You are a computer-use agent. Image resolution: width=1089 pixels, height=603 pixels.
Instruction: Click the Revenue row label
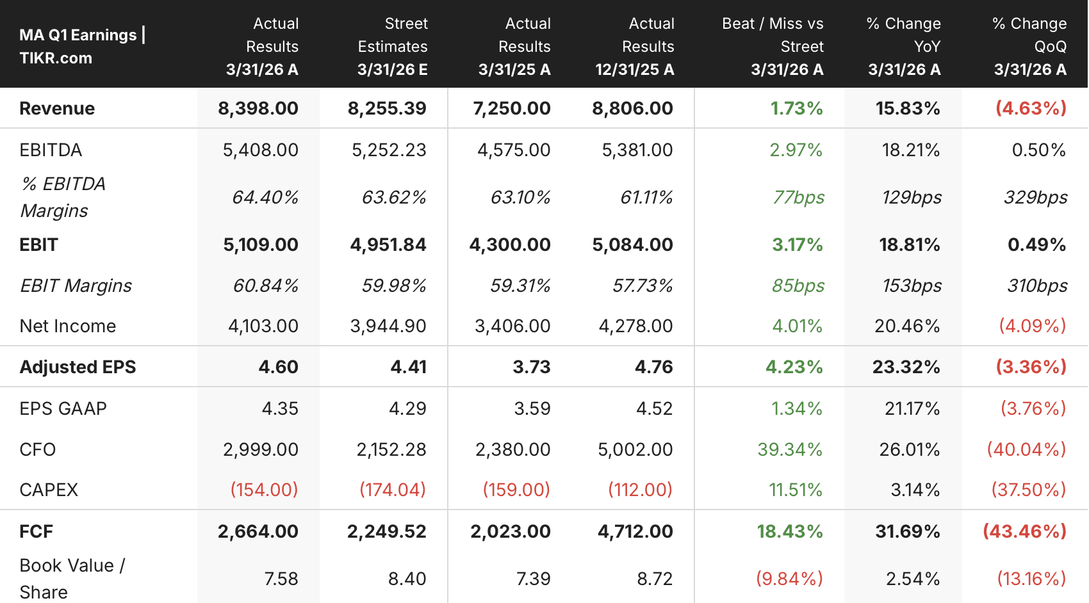pyautogui.click(x=57, y=108)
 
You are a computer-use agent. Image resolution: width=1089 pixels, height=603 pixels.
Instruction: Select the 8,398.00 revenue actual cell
pyautogui.click(x=258, y=108)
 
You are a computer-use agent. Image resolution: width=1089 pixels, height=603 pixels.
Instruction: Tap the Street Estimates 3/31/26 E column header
pyautogui.click(x=392, y=47)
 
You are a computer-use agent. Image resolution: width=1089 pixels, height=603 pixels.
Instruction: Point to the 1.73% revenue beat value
pyautogui.click(x=796, y=108)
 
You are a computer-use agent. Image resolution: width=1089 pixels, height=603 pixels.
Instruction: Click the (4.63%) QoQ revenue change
pyautogui.click(x=1031, y=108)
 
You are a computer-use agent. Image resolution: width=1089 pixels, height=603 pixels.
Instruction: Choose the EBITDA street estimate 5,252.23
pyautogui.click(x=389, y=150)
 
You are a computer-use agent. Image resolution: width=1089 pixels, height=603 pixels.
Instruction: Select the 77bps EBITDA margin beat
pyautogui.click(x=798, y=198)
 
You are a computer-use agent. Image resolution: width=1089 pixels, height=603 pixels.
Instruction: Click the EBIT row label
pyautogui.click(x=39, y=245)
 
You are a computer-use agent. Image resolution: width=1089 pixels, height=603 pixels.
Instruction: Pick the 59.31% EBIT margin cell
pyautogui.click(x=520, y=285)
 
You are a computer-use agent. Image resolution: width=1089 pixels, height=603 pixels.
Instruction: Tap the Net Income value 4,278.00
pyautogui.click(x=635, y=326)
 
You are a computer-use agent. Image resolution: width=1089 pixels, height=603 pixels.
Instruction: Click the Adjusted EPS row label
pyautogui.click(x=78, y=367)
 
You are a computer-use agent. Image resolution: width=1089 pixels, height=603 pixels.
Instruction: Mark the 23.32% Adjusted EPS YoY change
pyautogui.click(x=906, y=367)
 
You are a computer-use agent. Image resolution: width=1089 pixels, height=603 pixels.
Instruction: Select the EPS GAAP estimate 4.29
pyautogui.click(x=407, y=408)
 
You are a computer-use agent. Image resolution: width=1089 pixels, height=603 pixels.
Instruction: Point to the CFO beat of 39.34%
pyautogui.click(x=790, y=449)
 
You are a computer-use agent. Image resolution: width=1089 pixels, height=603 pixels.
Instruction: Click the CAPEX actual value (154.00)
pyautogui.click(x=264, y=489)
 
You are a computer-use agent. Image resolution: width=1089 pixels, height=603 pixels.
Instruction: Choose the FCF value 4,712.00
pyautogui.click(x=635, y=531)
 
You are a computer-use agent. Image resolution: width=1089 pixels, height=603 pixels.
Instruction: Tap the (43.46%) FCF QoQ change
pyautogui.click(x=1025, y=531)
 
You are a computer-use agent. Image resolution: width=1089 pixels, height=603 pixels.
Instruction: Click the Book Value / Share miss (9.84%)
pyautogui.click(x=789, y=579)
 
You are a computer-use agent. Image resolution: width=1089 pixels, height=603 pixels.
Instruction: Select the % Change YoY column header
pyautogui.click(x=904, y=47)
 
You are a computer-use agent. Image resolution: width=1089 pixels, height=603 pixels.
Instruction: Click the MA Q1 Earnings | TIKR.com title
pyautogui.click(x=83, y=47)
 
